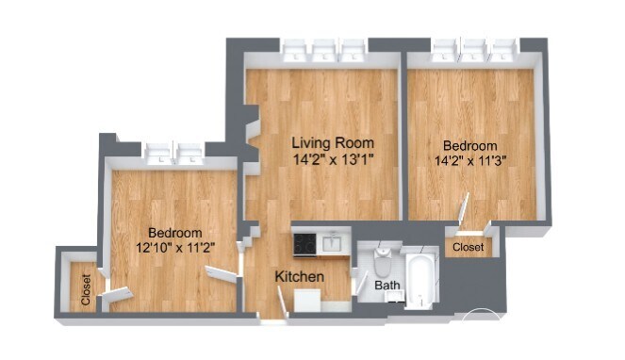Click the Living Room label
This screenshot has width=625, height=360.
(x=333, y=142)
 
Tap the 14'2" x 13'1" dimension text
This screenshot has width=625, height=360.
(x=333, y=160)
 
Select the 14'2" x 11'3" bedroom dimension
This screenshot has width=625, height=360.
(x=470, y=161)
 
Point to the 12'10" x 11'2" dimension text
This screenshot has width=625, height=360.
(x=175, y=248)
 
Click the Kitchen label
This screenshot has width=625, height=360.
(x=300, y=277)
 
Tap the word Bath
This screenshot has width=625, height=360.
(x=387, y=286)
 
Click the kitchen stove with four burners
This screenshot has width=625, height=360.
(x=304, y=244)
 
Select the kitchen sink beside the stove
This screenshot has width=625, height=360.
(x=331, y=243)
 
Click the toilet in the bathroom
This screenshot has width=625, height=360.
(x=383, y=262)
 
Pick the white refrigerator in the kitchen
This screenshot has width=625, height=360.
(x=307, y=301)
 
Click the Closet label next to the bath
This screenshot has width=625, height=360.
(x=469, y=247)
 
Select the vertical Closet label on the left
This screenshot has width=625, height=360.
(x=86, y=290)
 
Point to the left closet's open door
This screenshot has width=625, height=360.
(x=117, y=294)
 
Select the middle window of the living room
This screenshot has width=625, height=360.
(x=323, y=51)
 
